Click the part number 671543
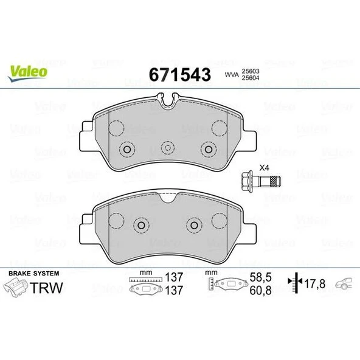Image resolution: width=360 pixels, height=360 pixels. point(179,74)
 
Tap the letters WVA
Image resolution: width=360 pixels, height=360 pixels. point(231,74)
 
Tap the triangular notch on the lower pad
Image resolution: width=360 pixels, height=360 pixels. point(167,196)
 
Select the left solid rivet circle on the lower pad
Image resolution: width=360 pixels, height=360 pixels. point(141,225)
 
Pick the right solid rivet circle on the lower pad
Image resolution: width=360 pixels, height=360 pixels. point(193,225)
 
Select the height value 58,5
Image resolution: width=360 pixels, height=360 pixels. point(260,277)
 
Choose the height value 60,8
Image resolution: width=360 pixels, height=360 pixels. point(260,290)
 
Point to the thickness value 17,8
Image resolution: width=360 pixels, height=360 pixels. point(316,283)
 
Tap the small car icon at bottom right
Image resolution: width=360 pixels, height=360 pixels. point(344,283)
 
